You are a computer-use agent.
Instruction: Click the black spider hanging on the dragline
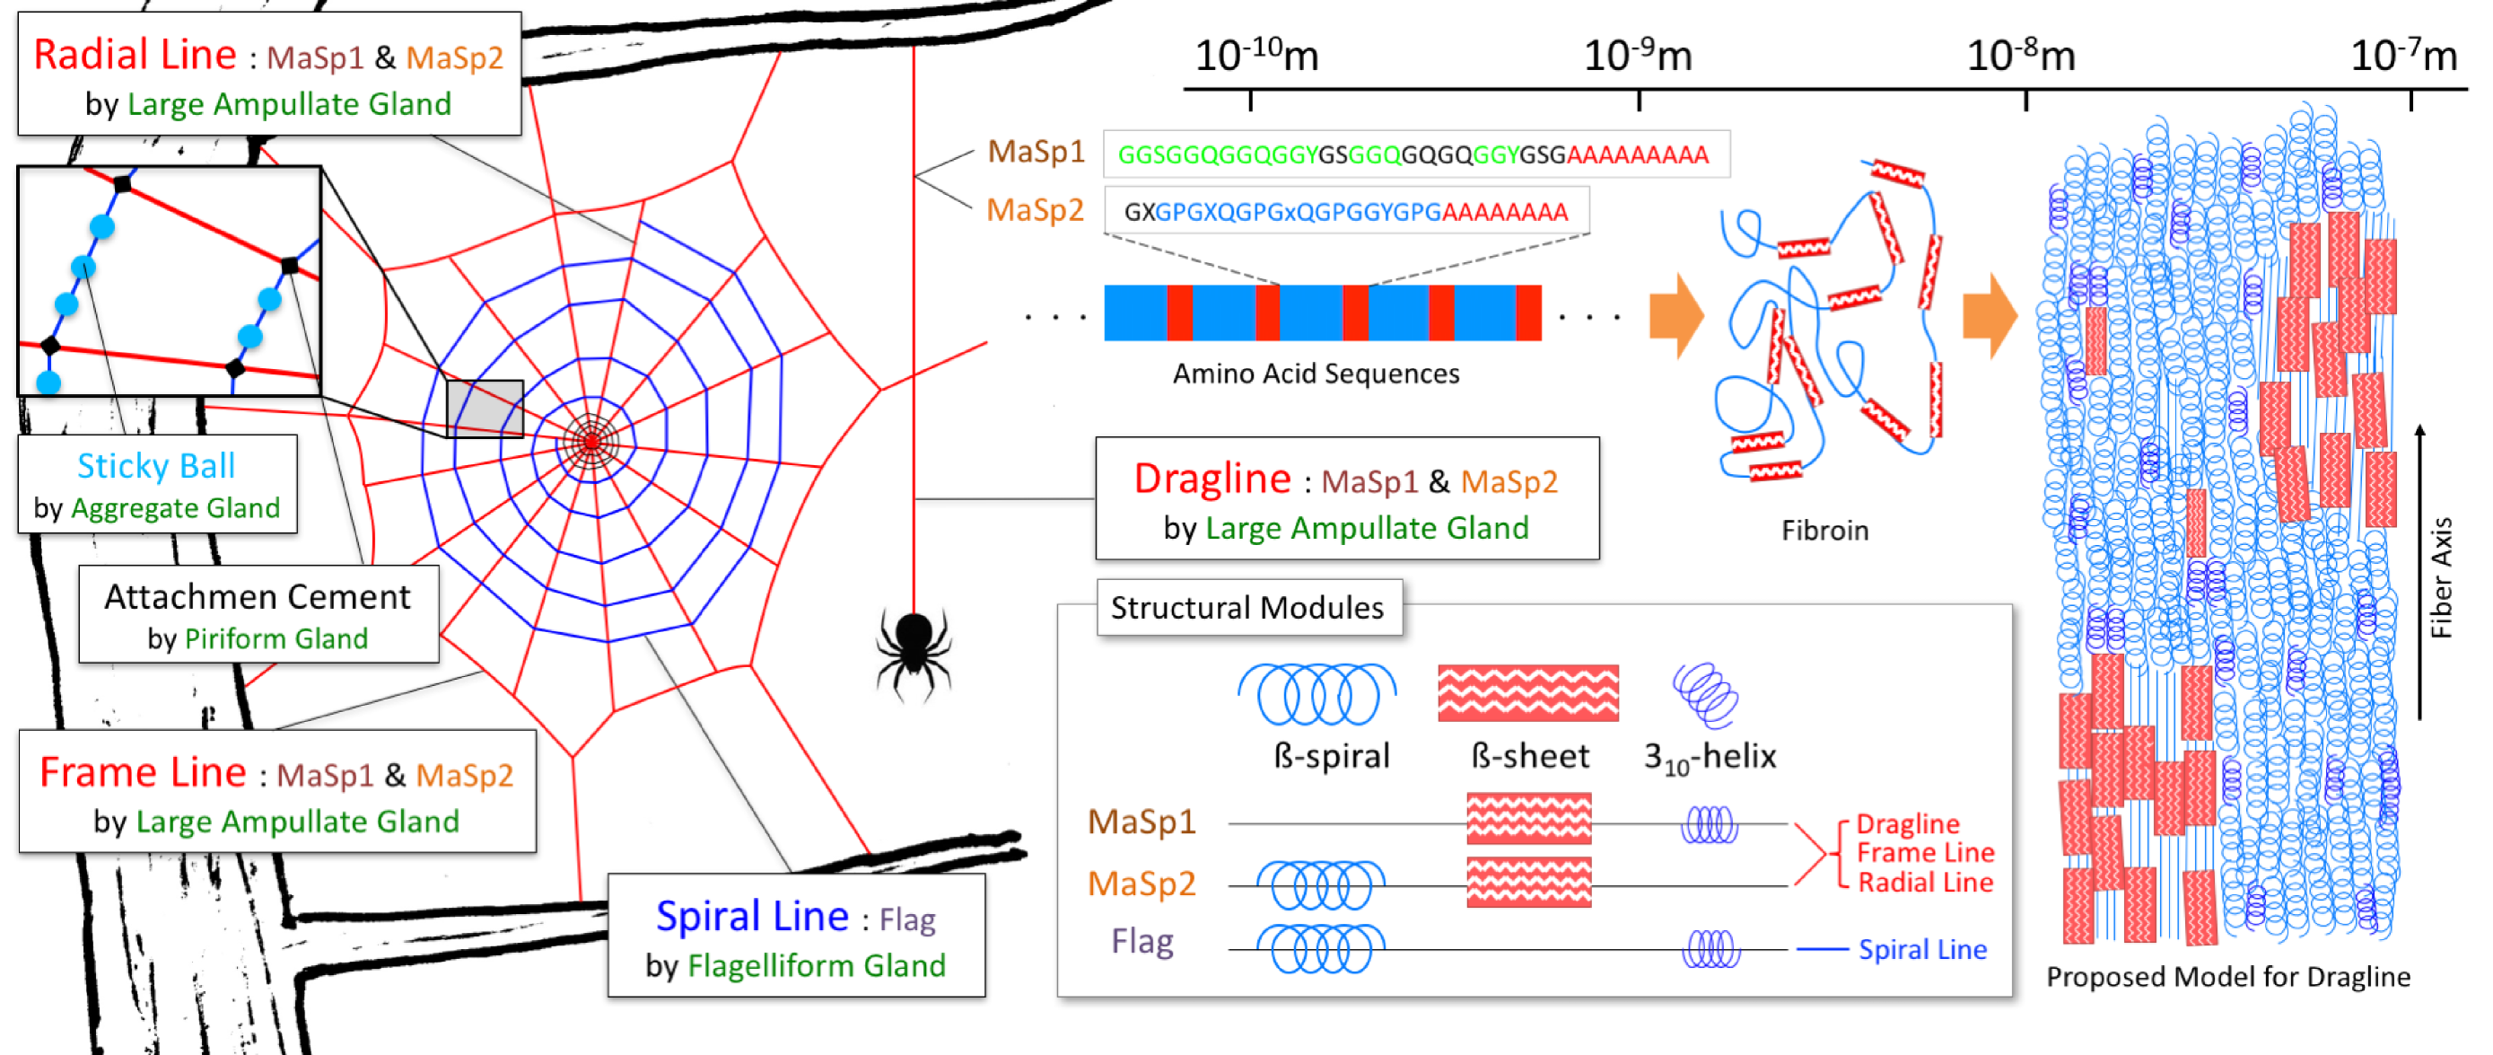(x=913, y=646)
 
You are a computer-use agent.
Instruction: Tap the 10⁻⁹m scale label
(x=1637, y=57)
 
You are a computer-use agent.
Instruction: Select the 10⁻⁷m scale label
(x=2403, y=57)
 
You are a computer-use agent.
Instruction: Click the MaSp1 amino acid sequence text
(x=1413, y=154)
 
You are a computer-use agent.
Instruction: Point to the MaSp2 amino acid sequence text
(x=1345, y=212)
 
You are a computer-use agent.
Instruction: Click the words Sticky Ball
(x=156, y=466)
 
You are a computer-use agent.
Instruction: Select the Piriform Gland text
(x=276, y=638)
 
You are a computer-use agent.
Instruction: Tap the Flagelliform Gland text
(x=816, y=965)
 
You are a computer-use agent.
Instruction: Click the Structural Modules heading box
(x=1246, y=608)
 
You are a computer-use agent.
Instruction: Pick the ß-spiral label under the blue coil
(x=1331, y=756)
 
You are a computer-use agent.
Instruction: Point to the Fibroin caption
(x=1824, y=531)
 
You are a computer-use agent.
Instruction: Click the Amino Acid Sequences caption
(x=1316, y=374)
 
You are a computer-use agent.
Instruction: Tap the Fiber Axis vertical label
(x=2441, y=578)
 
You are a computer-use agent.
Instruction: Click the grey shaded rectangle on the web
(x=484, y=409)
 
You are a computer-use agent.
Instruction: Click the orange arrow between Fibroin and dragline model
(x=1990, y=315)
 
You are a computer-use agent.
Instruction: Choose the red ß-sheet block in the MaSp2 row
(x=1528, y=882)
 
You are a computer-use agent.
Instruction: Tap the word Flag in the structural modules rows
(x=1142, y=941)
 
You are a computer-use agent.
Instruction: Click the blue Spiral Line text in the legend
(x=1922, y=950)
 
